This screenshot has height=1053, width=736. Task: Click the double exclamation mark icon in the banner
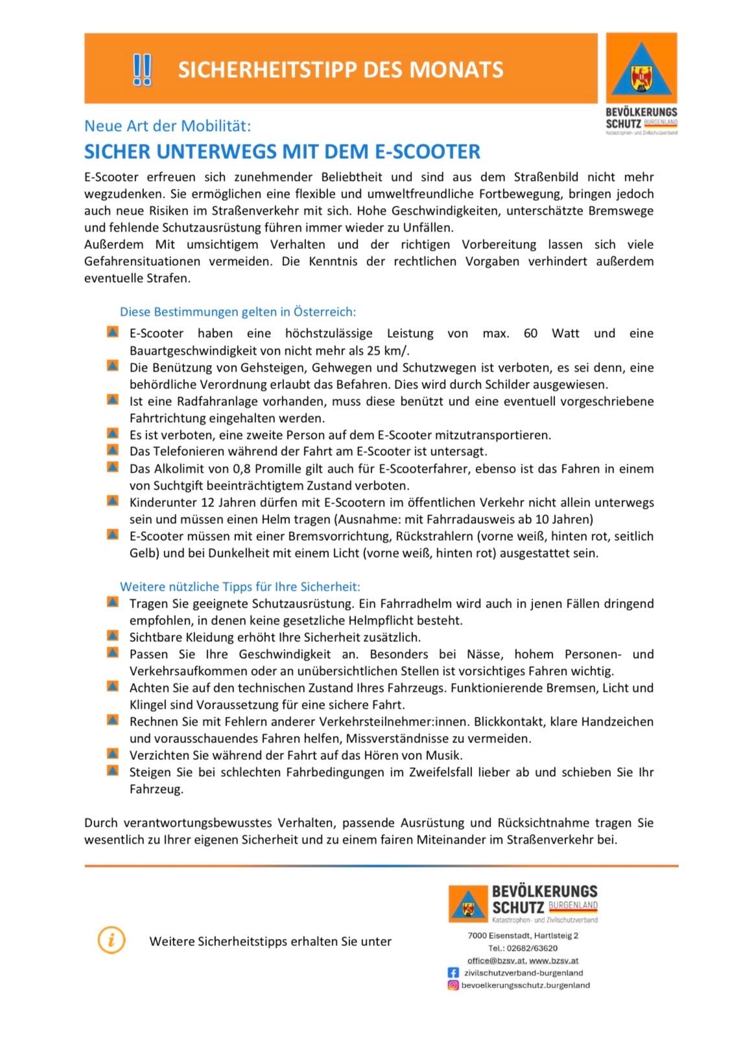coord(142,70)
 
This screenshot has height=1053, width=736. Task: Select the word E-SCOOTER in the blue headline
coord(428,152)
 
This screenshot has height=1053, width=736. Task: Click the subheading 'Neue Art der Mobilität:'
coord(167,126)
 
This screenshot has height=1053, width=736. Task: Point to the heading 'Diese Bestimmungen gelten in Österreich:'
coord(237,312)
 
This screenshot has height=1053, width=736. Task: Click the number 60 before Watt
coord(530,333)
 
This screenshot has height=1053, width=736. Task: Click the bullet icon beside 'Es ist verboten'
coord(113,433)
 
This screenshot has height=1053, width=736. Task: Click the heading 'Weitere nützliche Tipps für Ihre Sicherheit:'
coord(240,587)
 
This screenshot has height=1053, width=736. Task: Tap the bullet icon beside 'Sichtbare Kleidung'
coord(113,635)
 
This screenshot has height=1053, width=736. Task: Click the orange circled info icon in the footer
coord(112,940)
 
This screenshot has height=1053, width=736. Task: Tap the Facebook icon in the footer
coord(453,973)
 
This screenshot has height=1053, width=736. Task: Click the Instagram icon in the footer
coord(453,985)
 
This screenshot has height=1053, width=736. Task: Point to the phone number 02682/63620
coord(532,948)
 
